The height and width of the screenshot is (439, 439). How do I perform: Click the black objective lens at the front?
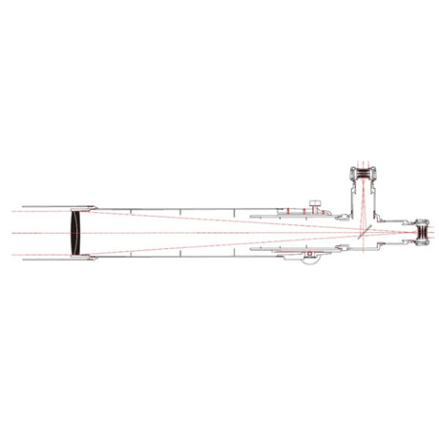point(76,232)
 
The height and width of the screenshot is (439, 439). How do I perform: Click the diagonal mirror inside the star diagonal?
point(364,231)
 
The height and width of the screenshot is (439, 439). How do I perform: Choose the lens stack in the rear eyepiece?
point(421,232)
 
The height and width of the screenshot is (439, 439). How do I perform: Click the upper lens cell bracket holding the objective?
point(91,208)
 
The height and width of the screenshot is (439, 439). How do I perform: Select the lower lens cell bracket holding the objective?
point(91,256)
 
